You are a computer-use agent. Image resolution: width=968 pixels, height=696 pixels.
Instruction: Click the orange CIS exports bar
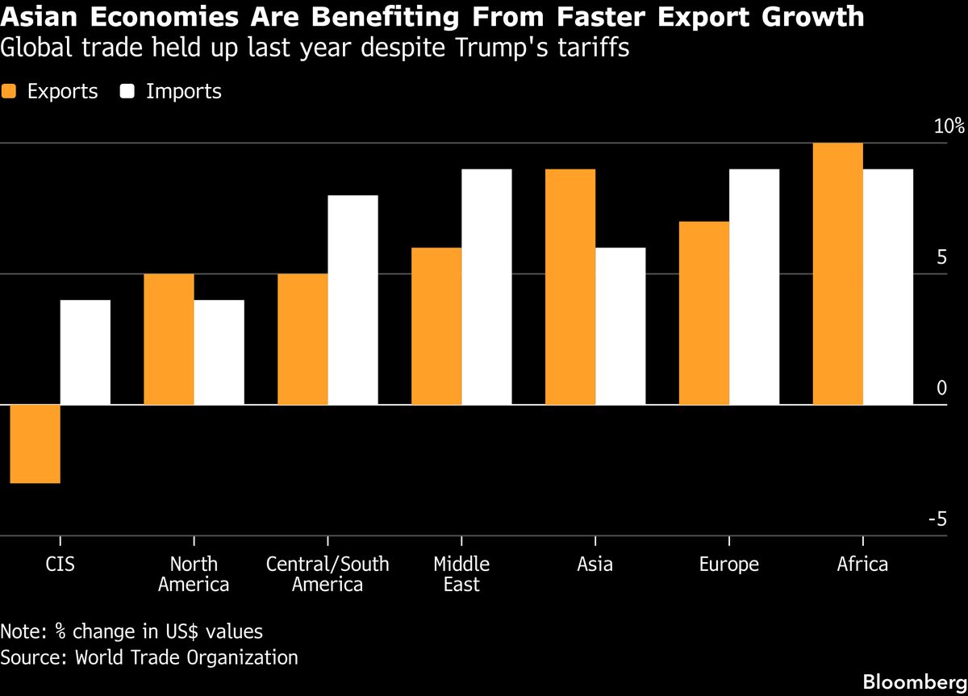35,444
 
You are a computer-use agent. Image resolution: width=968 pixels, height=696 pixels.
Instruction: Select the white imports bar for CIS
86,352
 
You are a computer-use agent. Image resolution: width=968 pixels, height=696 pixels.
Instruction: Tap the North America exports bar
169,339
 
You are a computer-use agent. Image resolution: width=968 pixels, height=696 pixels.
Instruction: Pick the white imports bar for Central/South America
353,300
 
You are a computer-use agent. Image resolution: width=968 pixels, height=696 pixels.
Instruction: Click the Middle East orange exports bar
436,326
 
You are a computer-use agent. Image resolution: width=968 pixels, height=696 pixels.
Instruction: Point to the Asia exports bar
570,286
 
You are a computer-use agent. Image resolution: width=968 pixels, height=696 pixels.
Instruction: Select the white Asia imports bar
620,326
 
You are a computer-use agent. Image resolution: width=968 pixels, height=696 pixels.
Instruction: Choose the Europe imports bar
754,286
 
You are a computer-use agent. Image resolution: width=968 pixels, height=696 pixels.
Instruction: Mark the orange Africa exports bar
838,273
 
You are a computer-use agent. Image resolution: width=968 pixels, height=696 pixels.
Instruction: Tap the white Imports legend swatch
127,92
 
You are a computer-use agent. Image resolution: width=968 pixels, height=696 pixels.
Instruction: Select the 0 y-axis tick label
941,389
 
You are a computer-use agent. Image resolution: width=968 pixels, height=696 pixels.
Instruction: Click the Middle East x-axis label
461,574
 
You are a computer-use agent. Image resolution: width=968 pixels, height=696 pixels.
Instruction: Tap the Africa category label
862,565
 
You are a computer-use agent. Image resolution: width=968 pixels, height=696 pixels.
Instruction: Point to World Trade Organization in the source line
186,657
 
